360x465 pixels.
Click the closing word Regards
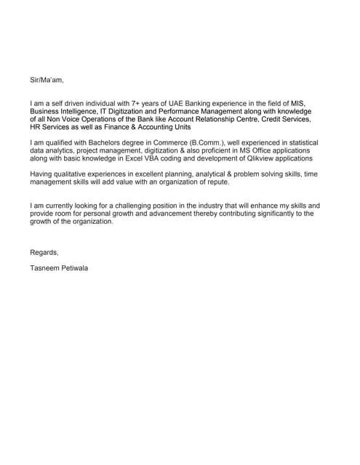click(x=44, y=252)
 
